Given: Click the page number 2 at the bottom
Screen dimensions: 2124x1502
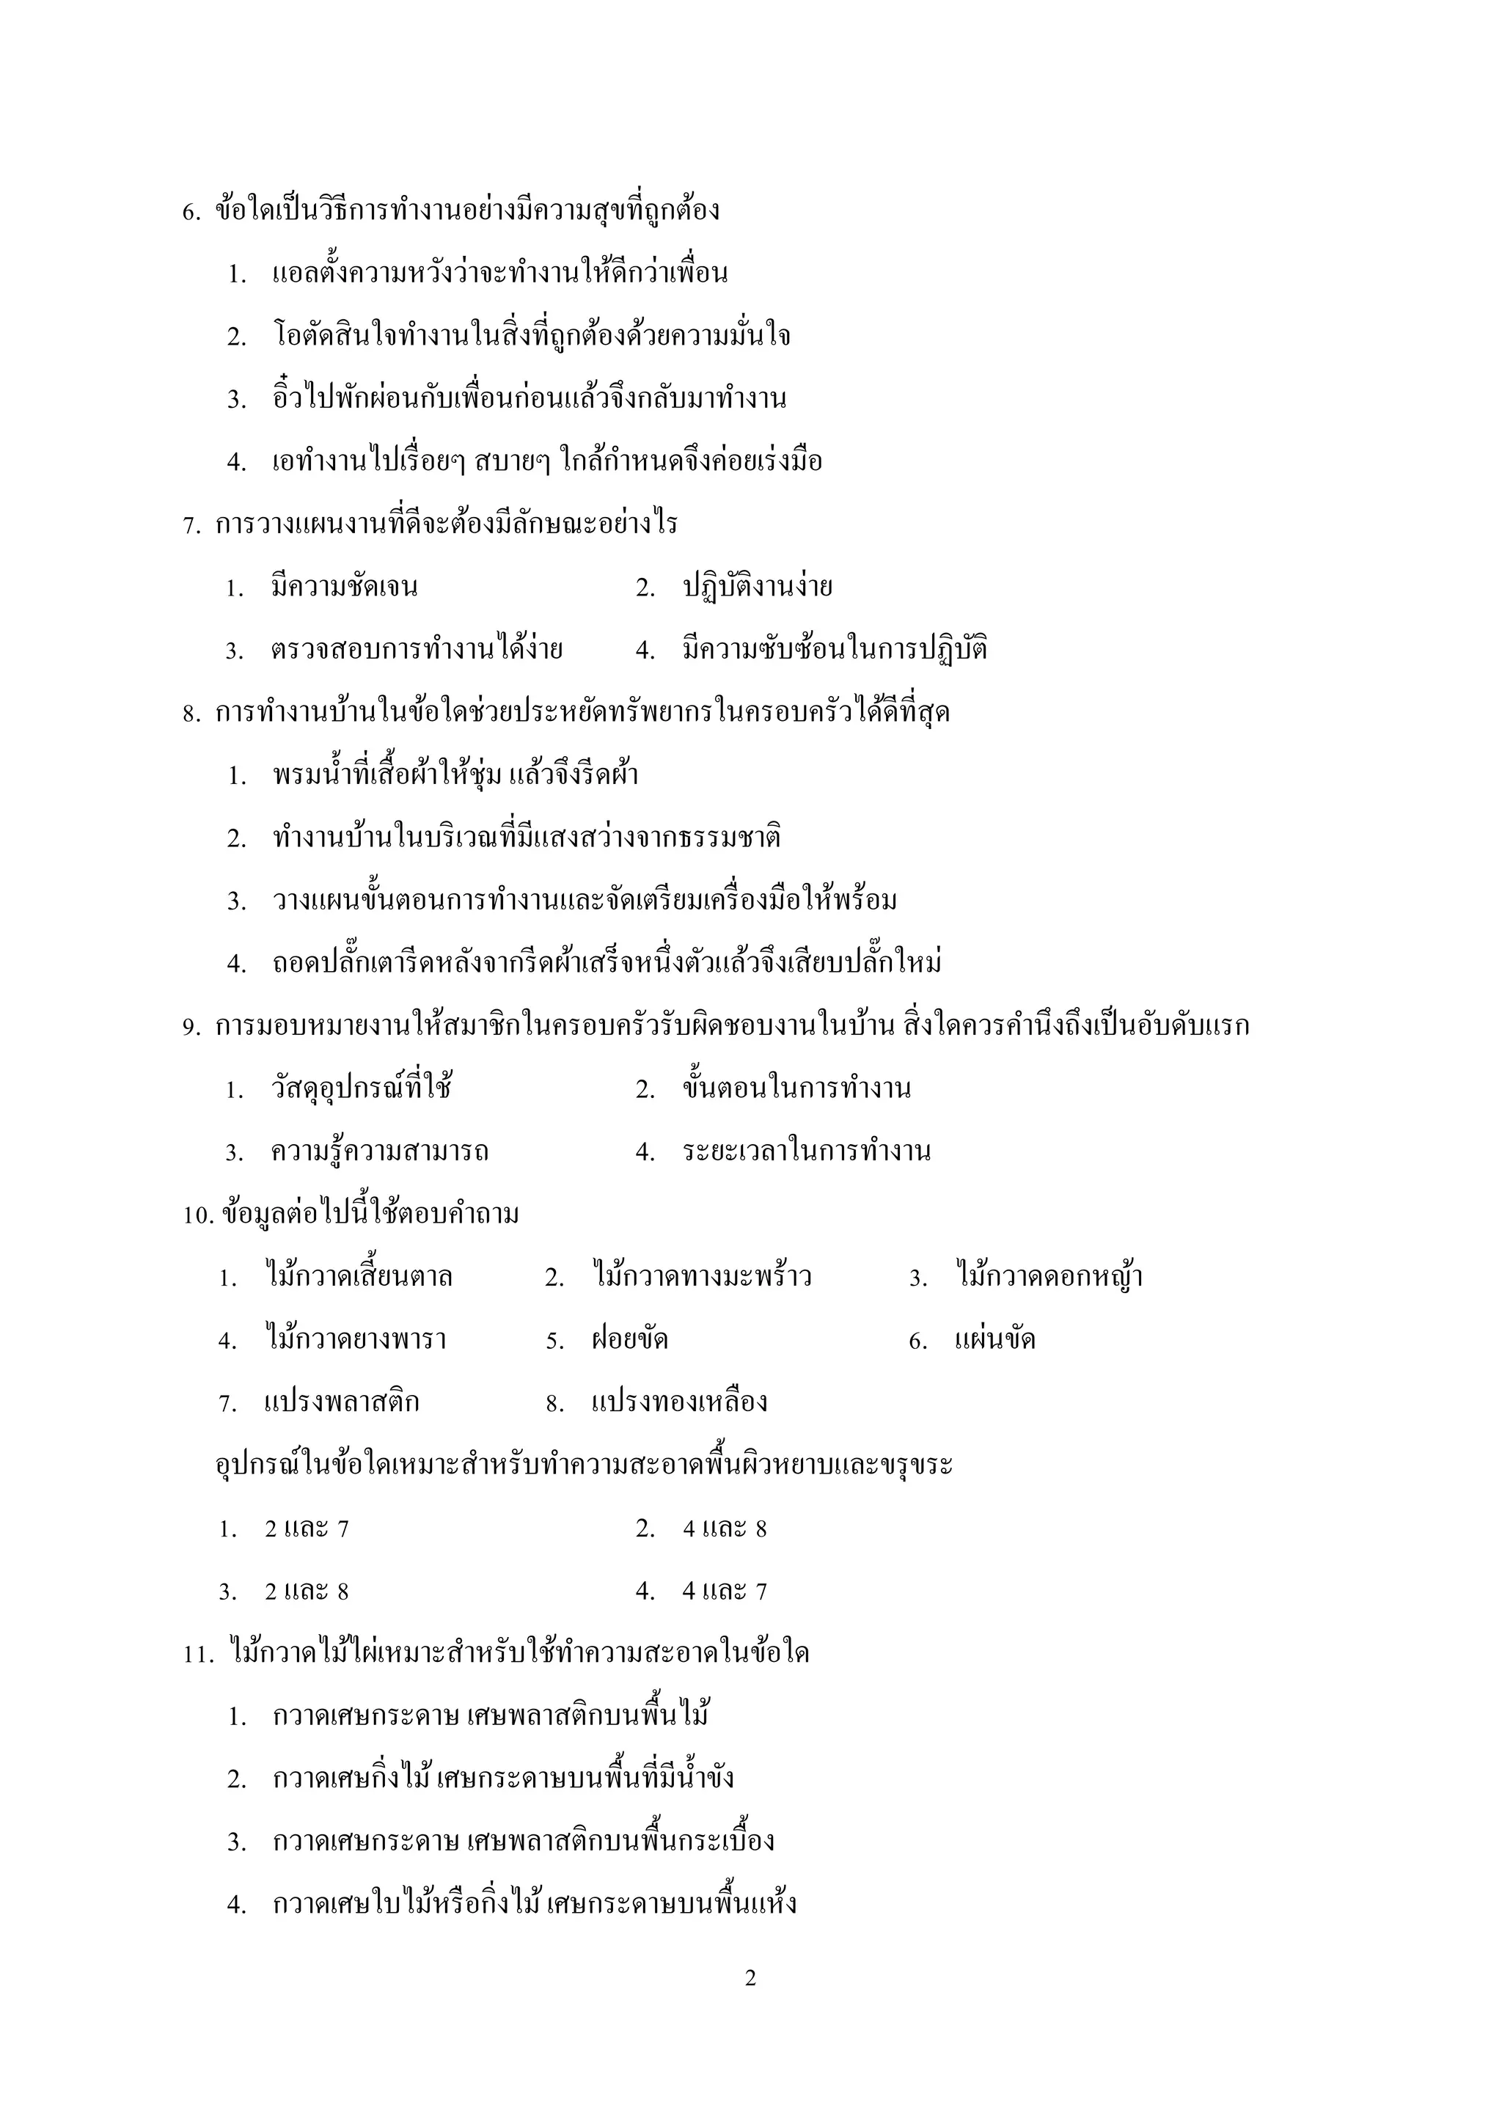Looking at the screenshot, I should [750, 1978].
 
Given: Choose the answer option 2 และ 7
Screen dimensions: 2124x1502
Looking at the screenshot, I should [306, 1529].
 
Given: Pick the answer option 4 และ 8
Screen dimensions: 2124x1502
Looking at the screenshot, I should [725, 1529].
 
